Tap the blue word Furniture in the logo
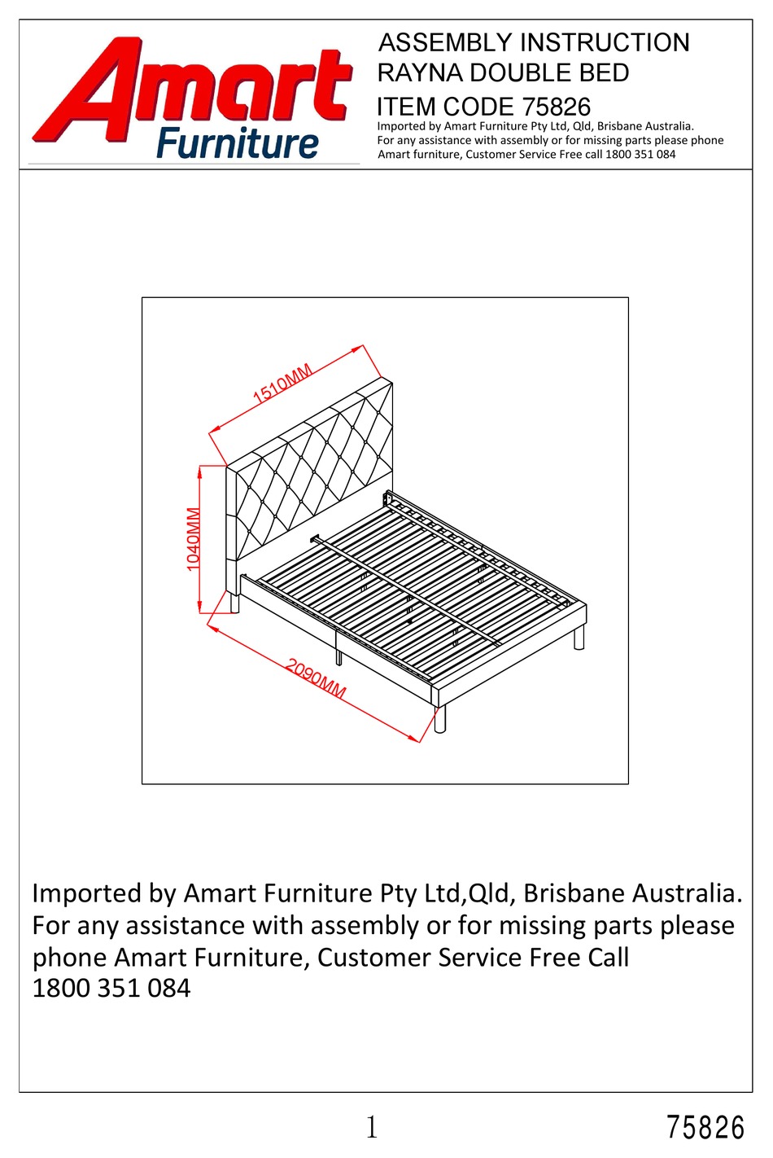pos(237,144)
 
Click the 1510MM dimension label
pos(282,384)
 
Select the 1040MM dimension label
pos(193,539)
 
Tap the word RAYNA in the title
pos(420,73)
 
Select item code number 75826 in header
pos(557,107)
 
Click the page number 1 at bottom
pos(372,1127)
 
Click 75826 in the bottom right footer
pos(705,1128)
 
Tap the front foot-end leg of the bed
pos(440,719)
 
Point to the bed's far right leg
pos(579,638)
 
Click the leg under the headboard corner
pos(235,603)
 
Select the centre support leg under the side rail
pos(338,656)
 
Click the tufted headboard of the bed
pos(313,472)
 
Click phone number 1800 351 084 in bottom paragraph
pos(111,989)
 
